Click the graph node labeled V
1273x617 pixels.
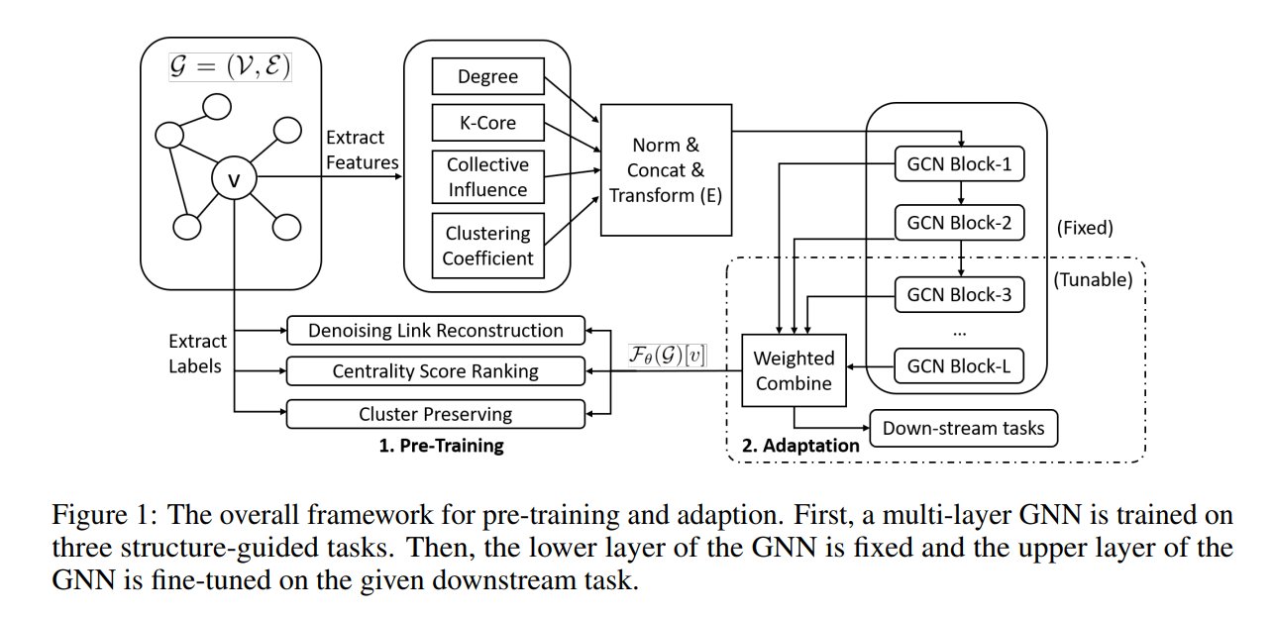pos(234,179)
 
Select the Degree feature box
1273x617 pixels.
pos(487,77)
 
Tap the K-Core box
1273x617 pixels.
pos(487,124)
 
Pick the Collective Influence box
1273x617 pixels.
pos(487,176)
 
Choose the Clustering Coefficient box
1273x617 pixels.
pos(487,246)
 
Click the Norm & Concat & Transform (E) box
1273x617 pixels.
pos(665,170)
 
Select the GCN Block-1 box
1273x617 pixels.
pos(959,164)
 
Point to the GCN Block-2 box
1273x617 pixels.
pos(959,223)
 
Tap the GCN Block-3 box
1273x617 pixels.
pos(959,294)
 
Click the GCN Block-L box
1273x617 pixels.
pos(959,365)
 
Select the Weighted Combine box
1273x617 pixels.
pos(794,370)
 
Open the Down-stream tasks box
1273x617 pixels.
pos(963,429)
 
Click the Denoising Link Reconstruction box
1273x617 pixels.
pos(435,330)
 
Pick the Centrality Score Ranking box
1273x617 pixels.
pos(435,371)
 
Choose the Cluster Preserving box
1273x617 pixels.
pos(435,414)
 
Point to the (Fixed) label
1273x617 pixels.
pos(1085,228)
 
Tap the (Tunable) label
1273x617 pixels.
pos(1093,279)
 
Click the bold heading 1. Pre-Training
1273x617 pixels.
pos(441,446)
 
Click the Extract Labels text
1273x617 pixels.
pos(197,354)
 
